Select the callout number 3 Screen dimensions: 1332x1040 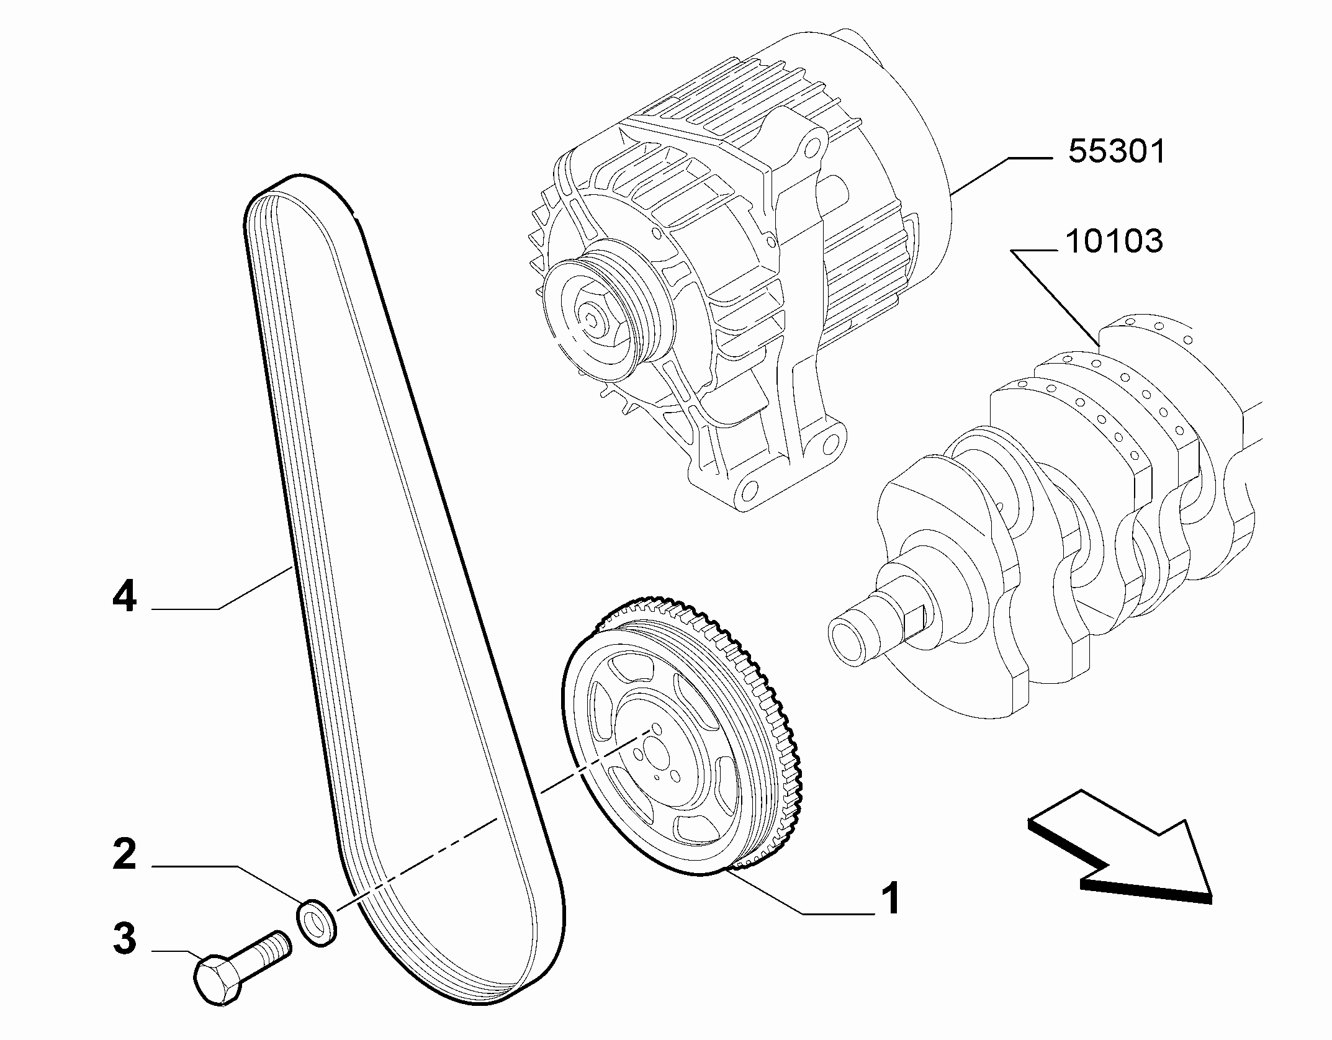[x=125, y=938]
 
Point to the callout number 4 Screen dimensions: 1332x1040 [x=124, y=596]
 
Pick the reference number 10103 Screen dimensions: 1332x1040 [x=1114, y=241]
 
